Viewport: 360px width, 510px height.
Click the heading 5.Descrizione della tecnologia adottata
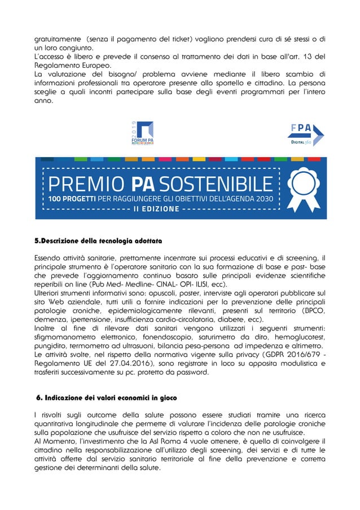coord(98,242)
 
